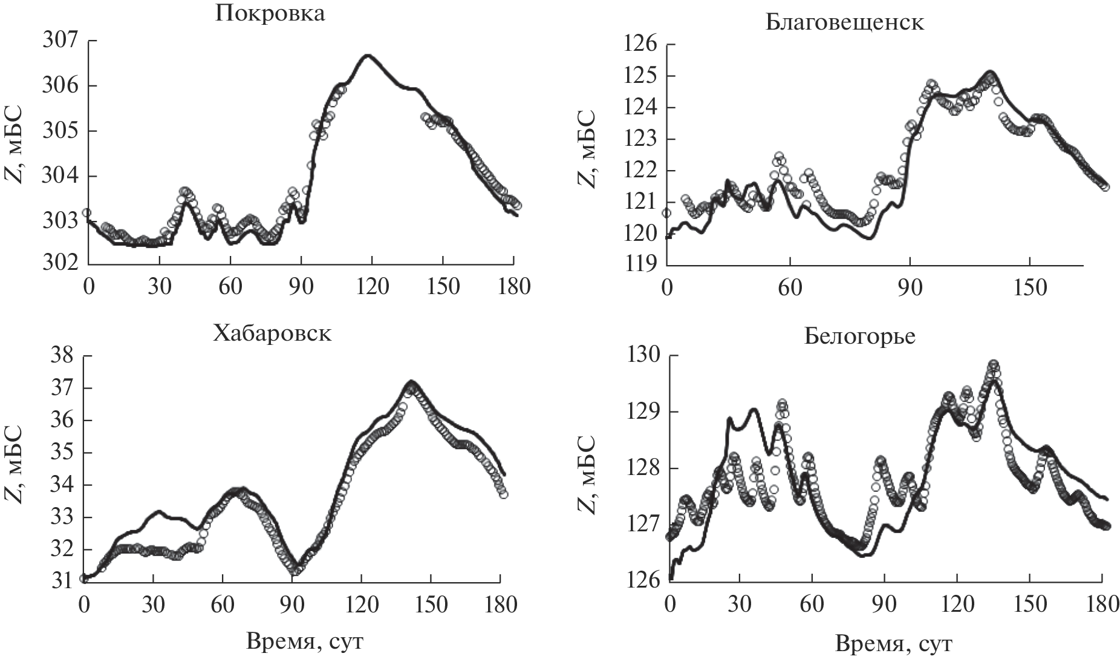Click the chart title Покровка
(x=270, y=13)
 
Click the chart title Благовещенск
(x=844, y=22)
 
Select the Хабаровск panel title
(x=272, y=333)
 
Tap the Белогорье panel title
(x=860, y=336)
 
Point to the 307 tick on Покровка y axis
(x=60, y=41)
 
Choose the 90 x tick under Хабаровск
(x=292, y=603)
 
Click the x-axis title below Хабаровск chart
(x=305, y=641)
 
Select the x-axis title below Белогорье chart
(x=894, y=643)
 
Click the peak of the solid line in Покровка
(x=366, y=56)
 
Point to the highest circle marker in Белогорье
(x=993, y=364)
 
